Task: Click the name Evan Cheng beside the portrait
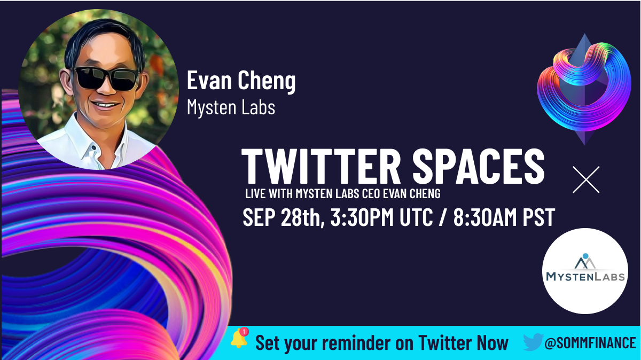tap(241, 82)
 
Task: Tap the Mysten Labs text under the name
tap(231, 107)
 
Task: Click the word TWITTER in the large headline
tap(321, 166)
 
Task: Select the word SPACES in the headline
tap(479, 166)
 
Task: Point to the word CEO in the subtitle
tap(371, 194)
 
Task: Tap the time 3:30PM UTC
tap(381, 217)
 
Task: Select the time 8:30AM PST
tap(504, 217)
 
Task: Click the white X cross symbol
tap(586, 179)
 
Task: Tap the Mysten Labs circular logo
tap(585, 271)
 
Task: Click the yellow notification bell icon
tap(239, 339)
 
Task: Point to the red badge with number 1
tap(244, 331)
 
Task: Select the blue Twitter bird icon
tap(533, 342)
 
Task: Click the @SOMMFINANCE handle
tap(590, 343)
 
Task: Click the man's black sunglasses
tap(106, 79)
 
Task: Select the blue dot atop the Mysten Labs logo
tap(585, 256)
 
